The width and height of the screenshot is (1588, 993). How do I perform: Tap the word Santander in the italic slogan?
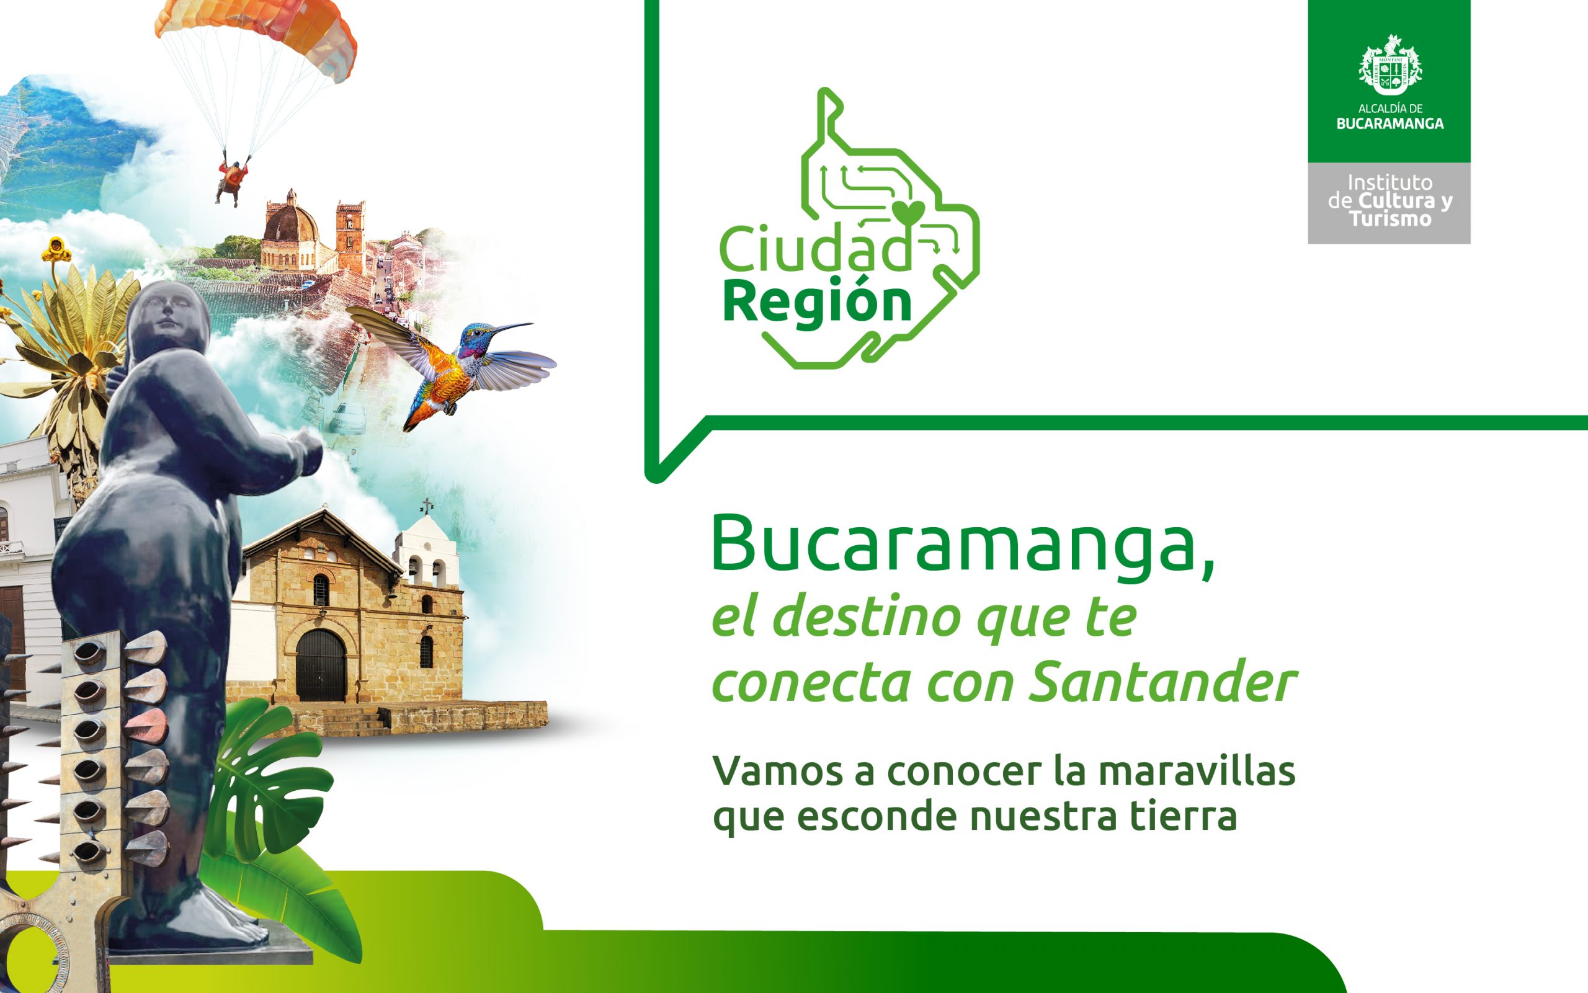[1162, 683]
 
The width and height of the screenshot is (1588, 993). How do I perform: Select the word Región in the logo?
[818, 303]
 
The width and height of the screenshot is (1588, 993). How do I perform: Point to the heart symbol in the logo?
[908, 213]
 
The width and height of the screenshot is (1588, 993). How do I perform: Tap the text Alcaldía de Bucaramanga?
[1389, 116]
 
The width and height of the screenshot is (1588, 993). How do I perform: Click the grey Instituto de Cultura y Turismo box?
[1389, 203]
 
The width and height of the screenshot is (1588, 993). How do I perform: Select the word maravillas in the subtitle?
[1197, 771]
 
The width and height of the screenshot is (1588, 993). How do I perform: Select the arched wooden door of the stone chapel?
[321, 665]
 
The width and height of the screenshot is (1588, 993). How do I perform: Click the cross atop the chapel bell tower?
[427, 505]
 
